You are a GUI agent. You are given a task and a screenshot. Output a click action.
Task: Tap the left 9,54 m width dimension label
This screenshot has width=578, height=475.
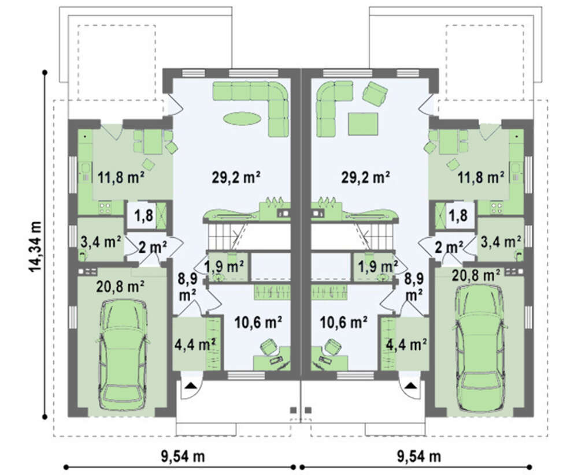click(183, 457)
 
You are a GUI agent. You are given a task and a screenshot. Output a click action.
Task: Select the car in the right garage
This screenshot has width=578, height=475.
click(480, 347)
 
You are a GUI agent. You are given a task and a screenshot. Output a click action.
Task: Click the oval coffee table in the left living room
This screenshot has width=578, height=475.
click(242, 118)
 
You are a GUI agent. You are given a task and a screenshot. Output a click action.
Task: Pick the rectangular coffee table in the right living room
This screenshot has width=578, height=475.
click(363, 124)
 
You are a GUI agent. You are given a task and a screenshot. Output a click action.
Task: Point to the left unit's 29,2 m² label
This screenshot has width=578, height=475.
click(236, 178)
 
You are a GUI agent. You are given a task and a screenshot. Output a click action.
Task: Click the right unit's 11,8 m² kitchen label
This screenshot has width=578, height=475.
click(481, 178)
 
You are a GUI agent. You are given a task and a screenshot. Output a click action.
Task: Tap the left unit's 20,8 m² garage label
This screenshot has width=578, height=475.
click(120, 286)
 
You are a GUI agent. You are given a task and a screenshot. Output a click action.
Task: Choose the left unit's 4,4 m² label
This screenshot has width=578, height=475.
click(195, 345)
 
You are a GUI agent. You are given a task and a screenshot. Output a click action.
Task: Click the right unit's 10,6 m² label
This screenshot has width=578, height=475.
click(343, 322)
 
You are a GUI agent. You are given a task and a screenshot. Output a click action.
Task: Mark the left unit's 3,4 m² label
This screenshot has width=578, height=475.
click(101, 242)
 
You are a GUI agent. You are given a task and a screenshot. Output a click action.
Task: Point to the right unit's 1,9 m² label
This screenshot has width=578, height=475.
click(376, 265)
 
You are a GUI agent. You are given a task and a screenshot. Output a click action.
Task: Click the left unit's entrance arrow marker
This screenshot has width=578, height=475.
click(190, 386)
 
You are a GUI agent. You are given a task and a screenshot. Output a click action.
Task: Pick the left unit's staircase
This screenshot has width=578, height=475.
click(224, 236)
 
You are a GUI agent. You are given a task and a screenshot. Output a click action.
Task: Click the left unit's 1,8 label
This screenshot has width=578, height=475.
click(143, 215)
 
